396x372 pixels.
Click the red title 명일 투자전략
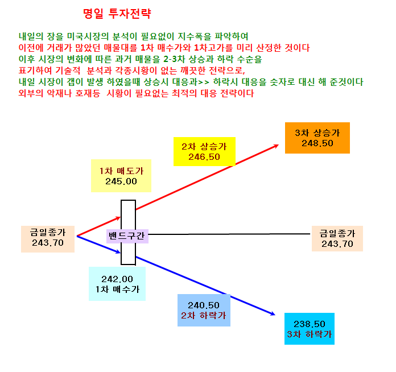[117, 14]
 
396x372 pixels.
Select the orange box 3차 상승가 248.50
[317, 138]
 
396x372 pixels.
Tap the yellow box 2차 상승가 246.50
[205, 151]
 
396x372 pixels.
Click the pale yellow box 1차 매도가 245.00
[121, 176]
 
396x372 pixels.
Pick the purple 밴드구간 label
[127, 236]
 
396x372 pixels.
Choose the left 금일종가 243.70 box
[48, 239]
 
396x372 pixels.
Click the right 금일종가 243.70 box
[337, 239]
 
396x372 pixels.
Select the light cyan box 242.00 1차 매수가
[117, 284]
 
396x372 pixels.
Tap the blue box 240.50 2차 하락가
[204, 310]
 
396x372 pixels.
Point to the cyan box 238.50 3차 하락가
[310, 329]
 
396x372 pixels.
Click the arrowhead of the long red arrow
[277, 146]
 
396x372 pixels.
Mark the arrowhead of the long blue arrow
[273, 314]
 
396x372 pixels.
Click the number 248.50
[317, 143]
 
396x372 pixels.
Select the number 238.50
[310, 324]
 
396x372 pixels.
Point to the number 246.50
[204, 157]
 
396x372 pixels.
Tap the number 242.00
[117, 279]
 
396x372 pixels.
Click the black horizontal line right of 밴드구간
[229, 234]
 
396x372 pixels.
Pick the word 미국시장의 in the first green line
[88, 36]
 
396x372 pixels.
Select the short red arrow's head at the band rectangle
[118, 218]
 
